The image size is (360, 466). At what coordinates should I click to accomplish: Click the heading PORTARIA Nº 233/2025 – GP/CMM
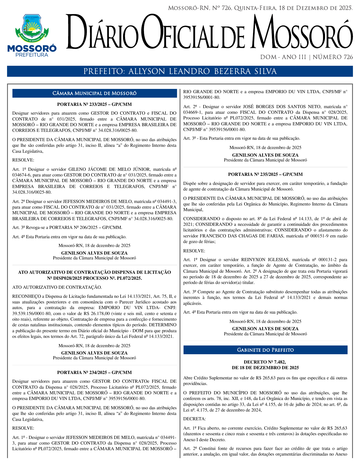(94, 104)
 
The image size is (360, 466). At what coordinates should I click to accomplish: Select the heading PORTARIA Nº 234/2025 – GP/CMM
(94, 373)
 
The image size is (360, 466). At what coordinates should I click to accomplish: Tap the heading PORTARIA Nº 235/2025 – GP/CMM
(265, 174)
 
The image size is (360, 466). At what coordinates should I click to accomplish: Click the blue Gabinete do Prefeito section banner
(265, 350)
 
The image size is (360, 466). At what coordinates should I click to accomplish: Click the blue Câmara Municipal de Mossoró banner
(94, 93)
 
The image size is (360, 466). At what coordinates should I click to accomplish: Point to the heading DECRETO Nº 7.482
(265, 362)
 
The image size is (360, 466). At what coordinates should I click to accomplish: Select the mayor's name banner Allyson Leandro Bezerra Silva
(180, 71)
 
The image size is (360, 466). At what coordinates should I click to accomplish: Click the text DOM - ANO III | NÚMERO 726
(306, 57)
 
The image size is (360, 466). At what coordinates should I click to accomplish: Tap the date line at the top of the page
(260, 8)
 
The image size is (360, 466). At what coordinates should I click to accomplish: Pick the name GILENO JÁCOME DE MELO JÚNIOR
(109, 169)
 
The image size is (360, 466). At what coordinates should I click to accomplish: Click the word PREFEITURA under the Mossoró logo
(32, 55)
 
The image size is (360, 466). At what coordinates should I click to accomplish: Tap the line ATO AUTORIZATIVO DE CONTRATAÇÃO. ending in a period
(57, 287)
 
